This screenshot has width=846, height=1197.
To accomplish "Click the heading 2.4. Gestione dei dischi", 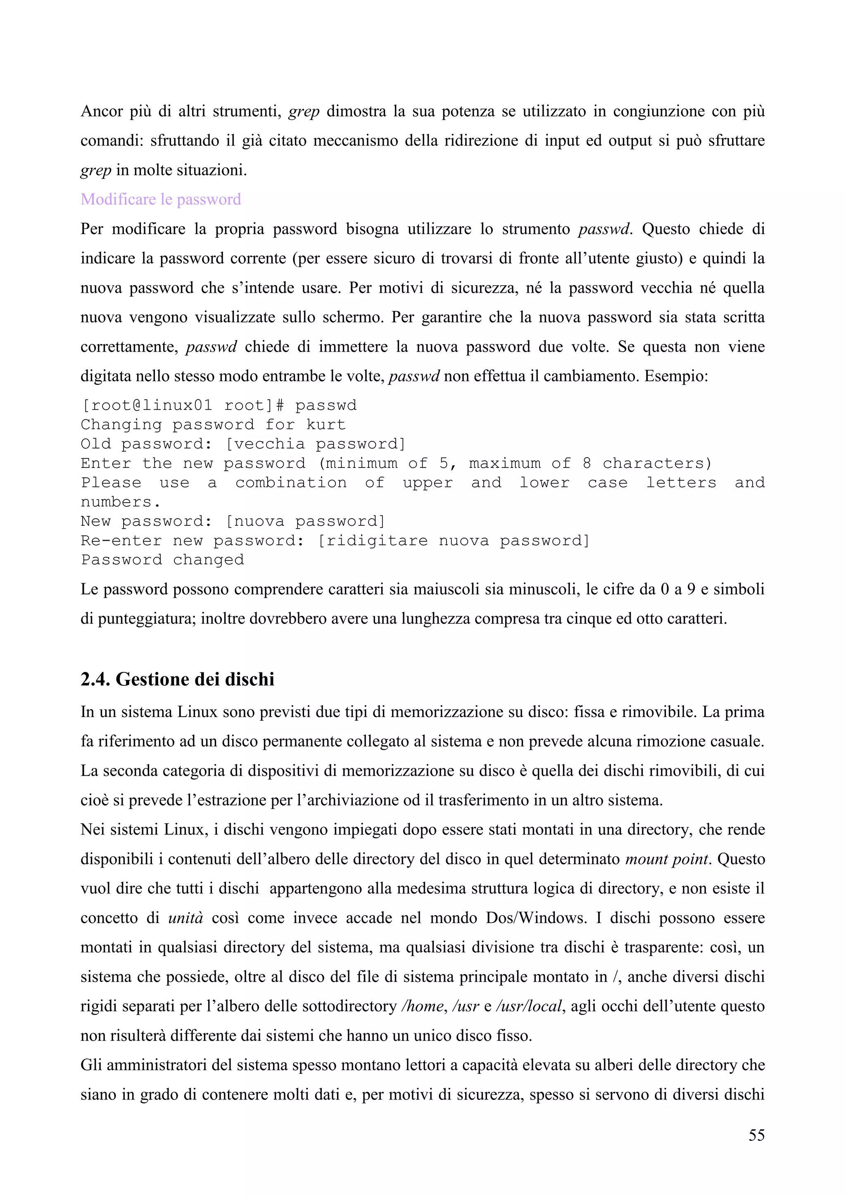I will point(177,680).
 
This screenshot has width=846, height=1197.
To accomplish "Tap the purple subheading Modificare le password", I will point(160,199).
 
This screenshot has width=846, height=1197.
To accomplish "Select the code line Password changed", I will point(162,560).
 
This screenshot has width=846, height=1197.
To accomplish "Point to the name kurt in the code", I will point(326,425).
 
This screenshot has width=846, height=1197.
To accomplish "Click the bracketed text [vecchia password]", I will point(315,444).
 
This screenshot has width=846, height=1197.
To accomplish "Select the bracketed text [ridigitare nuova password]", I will point(453,541).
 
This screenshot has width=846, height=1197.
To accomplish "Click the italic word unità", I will point(185,918).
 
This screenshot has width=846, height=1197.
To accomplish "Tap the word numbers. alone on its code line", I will point(120,502).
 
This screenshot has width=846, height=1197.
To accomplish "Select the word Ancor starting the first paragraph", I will point(101,111).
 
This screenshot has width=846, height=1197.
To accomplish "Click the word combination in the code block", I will point(291,483).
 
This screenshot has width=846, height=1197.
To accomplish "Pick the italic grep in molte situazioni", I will point(96,170).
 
